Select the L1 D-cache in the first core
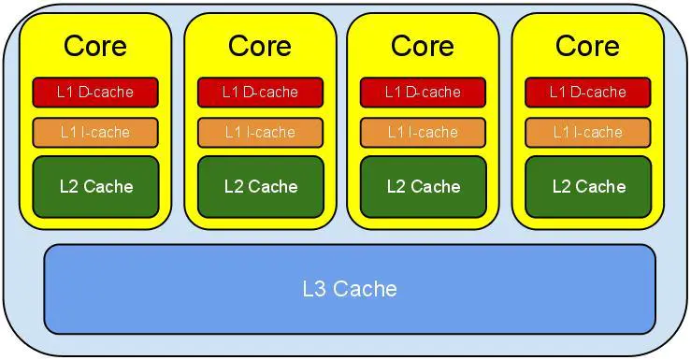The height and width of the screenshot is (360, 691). [x=95, y=92]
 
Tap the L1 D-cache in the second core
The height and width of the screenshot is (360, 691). [x=260, y=92]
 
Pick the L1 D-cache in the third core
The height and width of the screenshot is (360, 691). [x=423, y=92]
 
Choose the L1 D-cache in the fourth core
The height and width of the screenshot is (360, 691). [x=587, y=92]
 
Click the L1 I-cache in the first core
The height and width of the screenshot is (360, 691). [x=95, y=132]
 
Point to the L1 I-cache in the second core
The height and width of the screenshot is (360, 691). [x=260, y=132]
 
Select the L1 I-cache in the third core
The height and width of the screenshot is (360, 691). [x=423, y=132]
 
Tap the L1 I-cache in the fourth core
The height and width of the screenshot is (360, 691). [x=587, y=132]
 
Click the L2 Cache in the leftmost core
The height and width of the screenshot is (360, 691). [x=95, y=186]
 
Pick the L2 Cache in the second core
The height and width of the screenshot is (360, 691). [x=260, y=186]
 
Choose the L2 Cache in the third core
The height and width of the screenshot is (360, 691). [x=423, y=186]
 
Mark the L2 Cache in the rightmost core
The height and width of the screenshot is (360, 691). [x=587, y=186]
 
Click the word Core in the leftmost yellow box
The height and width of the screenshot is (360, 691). [x=95, y=45]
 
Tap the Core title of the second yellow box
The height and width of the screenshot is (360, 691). [x=260, y=45]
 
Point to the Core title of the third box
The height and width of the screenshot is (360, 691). [x=423, y=45]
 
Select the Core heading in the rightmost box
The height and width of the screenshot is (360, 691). [x=587, y=45]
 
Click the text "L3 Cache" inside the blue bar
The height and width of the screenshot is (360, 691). [x=350, y=288]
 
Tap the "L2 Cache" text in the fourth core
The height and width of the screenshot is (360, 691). [x=587, y=186]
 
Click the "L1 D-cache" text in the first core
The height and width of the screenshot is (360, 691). [x=95, y=92]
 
